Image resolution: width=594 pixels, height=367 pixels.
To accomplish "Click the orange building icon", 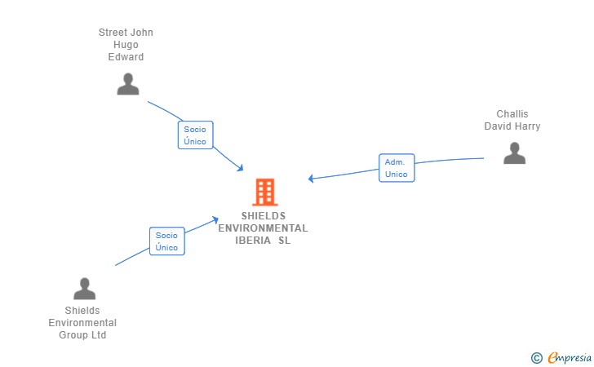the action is (265, 192).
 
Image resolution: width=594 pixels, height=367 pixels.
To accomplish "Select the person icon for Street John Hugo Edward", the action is (128, 84).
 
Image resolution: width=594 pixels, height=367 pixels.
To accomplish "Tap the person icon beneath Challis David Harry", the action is (514, 153).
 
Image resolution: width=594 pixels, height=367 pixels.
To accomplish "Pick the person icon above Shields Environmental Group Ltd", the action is (85, 289).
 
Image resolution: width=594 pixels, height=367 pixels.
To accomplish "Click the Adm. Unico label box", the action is (397, 168).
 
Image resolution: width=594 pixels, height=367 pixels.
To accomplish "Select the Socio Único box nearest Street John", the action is (196, 135).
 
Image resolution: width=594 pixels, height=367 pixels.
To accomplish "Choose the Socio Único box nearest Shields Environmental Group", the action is (167, 241).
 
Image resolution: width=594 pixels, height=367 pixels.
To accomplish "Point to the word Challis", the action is (512, 114).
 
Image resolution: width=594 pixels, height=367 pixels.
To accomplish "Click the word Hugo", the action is (126, 45).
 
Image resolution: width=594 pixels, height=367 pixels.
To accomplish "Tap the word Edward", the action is (126, 57).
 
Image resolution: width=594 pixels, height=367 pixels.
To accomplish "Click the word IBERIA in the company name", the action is (253, 241).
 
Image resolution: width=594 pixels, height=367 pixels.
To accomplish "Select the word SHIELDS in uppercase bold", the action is (264, 216).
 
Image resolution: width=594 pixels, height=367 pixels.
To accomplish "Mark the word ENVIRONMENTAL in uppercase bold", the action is (263, 228).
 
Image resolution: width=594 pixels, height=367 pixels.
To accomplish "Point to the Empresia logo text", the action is (570, 357).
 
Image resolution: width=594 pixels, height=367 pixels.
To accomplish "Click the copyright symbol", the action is (536, 358).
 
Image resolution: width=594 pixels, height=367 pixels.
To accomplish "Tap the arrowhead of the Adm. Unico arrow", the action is (311, 179).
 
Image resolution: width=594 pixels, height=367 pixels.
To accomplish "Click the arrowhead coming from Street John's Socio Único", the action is (240, 168).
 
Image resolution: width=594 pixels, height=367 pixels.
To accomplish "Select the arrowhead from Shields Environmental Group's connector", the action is (215, 219).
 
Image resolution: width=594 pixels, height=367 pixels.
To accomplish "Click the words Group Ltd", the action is (82, 335).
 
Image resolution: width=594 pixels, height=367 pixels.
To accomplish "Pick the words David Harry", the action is (512, 126).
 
